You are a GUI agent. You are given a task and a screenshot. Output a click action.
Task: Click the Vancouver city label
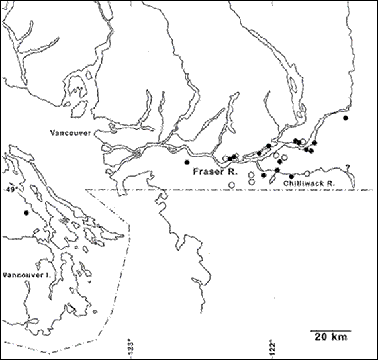click(x=70, y=132)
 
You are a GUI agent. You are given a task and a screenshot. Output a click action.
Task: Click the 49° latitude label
click(x=10, y=189)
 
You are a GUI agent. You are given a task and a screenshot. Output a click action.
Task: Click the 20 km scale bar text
click(x=330, y=337)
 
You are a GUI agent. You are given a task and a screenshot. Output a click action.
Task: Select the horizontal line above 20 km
click(x=330, y=330)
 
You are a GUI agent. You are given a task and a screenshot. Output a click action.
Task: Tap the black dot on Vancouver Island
click(x=26, y=213)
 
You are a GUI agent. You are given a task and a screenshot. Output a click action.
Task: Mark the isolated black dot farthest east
click(x=345, y=118)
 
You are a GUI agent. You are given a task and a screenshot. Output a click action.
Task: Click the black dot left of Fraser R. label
click(x=187, y=162)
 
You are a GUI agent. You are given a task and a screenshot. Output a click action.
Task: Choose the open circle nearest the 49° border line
click(x=231, y=185)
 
